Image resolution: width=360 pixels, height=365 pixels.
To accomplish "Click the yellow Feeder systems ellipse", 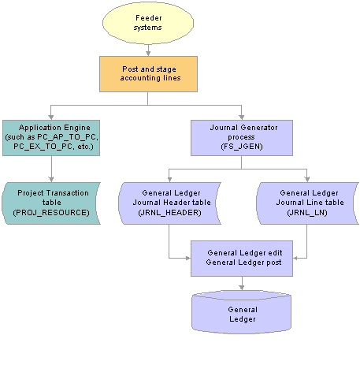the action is [148, 23].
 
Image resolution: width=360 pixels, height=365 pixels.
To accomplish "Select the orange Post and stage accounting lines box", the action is [148, 74].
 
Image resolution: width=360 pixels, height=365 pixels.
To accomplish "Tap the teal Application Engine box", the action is [51, 138].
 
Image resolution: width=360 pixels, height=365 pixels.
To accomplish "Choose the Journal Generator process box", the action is [242, 138].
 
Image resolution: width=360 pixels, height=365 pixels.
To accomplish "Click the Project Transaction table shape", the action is [51, 203].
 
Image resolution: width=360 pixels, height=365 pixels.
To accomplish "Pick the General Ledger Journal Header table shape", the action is [169, 203].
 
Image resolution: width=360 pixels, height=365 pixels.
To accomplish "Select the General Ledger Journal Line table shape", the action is [307, 203].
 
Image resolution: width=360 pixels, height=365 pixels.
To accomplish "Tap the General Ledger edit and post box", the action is [242, 259].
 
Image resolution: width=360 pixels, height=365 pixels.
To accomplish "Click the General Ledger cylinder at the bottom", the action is [242, 312].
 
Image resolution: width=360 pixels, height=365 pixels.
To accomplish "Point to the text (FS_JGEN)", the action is [242, 147].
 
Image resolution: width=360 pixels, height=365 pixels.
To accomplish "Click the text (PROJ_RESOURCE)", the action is [51, 212].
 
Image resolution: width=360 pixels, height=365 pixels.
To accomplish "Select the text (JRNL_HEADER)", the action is [169, 212].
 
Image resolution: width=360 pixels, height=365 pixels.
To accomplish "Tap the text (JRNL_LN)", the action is [307, 212].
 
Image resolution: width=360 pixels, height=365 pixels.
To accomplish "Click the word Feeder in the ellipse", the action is [149, 18].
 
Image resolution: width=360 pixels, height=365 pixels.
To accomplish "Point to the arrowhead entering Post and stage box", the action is [148, 54].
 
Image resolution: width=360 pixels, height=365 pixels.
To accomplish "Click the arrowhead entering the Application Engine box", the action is [51, 117].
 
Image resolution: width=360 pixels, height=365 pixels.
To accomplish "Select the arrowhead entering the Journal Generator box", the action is [242, 117].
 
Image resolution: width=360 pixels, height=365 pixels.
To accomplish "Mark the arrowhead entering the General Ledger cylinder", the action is [242, 287].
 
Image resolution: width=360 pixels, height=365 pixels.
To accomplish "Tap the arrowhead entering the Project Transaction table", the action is [51, 180].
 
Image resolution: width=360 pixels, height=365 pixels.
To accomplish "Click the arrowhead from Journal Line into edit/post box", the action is [295, 259].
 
